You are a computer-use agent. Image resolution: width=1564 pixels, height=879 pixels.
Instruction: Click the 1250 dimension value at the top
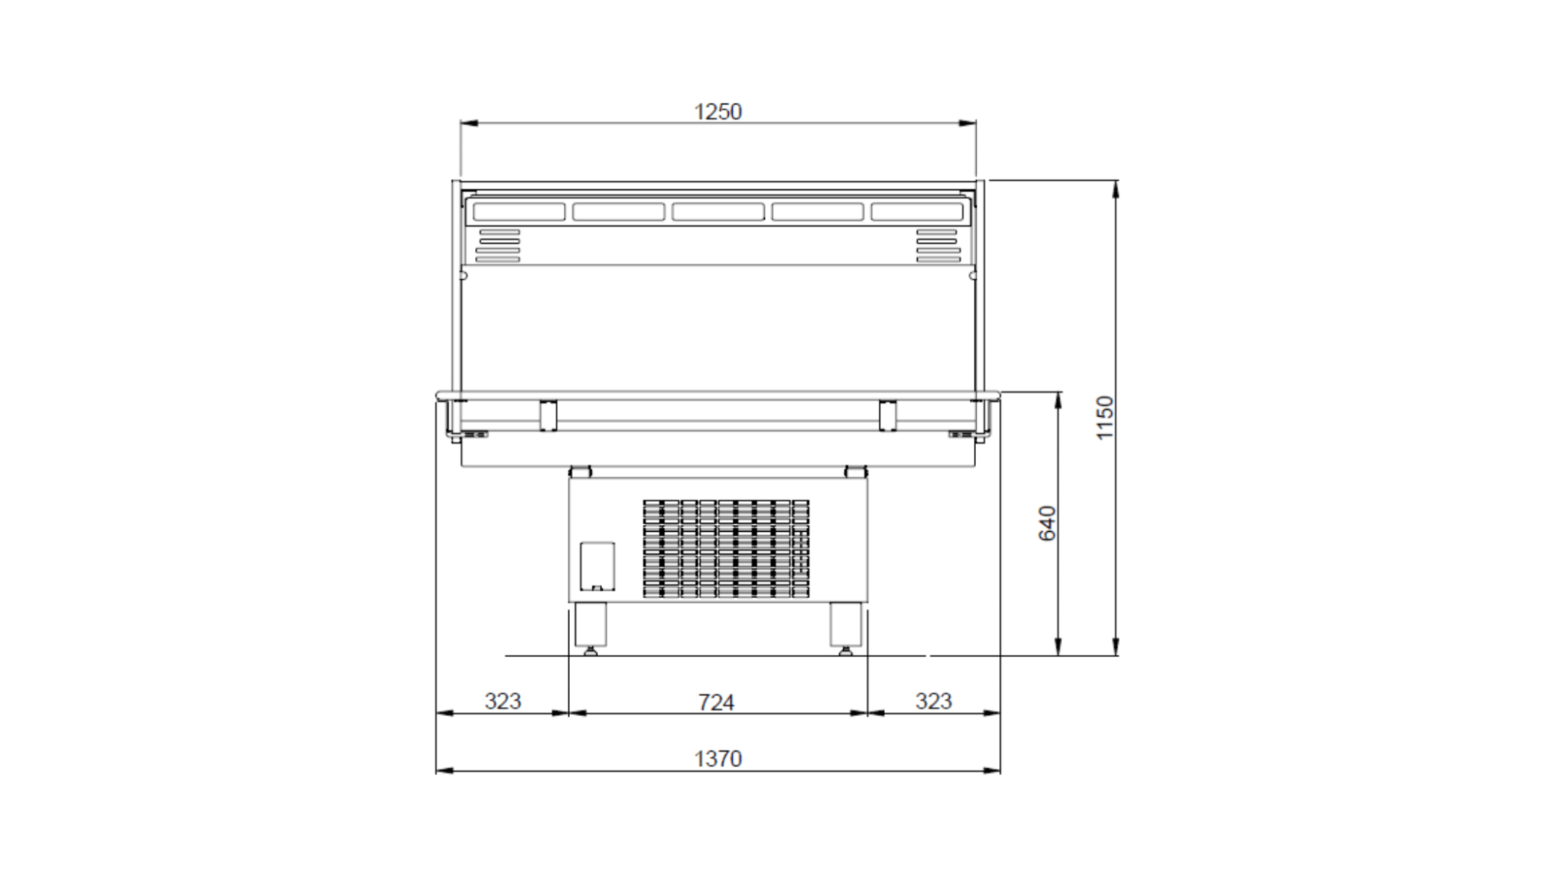(717, 112)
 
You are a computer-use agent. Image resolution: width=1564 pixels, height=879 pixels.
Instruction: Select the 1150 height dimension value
(1104, 418)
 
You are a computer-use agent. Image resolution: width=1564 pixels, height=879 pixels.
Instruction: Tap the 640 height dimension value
(1047, 523)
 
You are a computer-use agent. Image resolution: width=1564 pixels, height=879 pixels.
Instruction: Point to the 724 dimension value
(715, 703)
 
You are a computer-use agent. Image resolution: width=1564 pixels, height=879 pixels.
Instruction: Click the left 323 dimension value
(503, 701)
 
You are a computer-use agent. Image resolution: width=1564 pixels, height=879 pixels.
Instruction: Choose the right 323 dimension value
(933, 701)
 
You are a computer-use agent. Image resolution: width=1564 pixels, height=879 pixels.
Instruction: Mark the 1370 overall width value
(717, 759)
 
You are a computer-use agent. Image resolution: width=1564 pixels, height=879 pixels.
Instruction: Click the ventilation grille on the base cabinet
(726, 548)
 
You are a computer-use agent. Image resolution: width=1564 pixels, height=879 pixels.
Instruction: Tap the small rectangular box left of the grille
(597, 567)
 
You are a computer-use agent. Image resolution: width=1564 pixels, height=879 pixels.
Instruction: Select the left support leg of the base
(590, 628)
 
